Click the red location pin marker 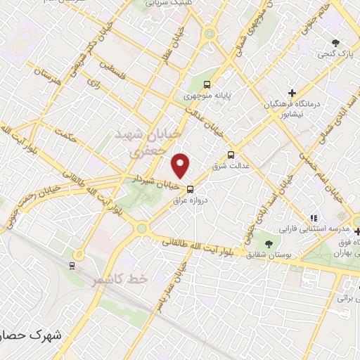[x=181, y=165]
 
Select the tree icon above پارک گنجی [x=336, y=41]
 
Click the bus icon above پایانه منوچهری [x=207, y=83]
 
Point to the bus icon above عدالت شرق [x=231, y=155]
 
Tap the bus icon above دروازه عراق [x=190, y=188]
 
